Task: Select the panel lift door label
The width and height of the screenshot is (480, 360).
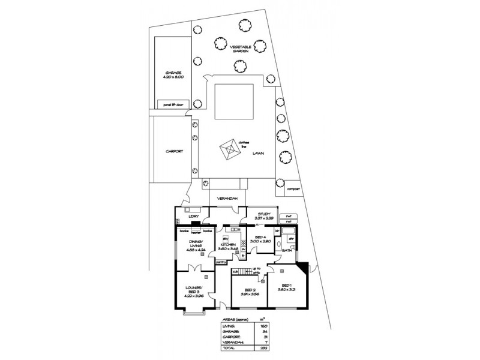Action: (x=172, y=104)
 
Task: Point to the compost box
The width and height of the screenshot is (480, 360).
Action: (x=293, y=188)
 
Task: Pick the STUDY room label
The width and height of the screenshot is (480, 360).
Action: (x=265, y=214)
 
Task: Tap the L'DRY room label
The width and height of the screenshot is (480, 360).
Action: (x=193, y=216)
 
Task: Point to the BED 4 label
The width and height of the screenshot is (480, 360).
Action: (x=260, y=238)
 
